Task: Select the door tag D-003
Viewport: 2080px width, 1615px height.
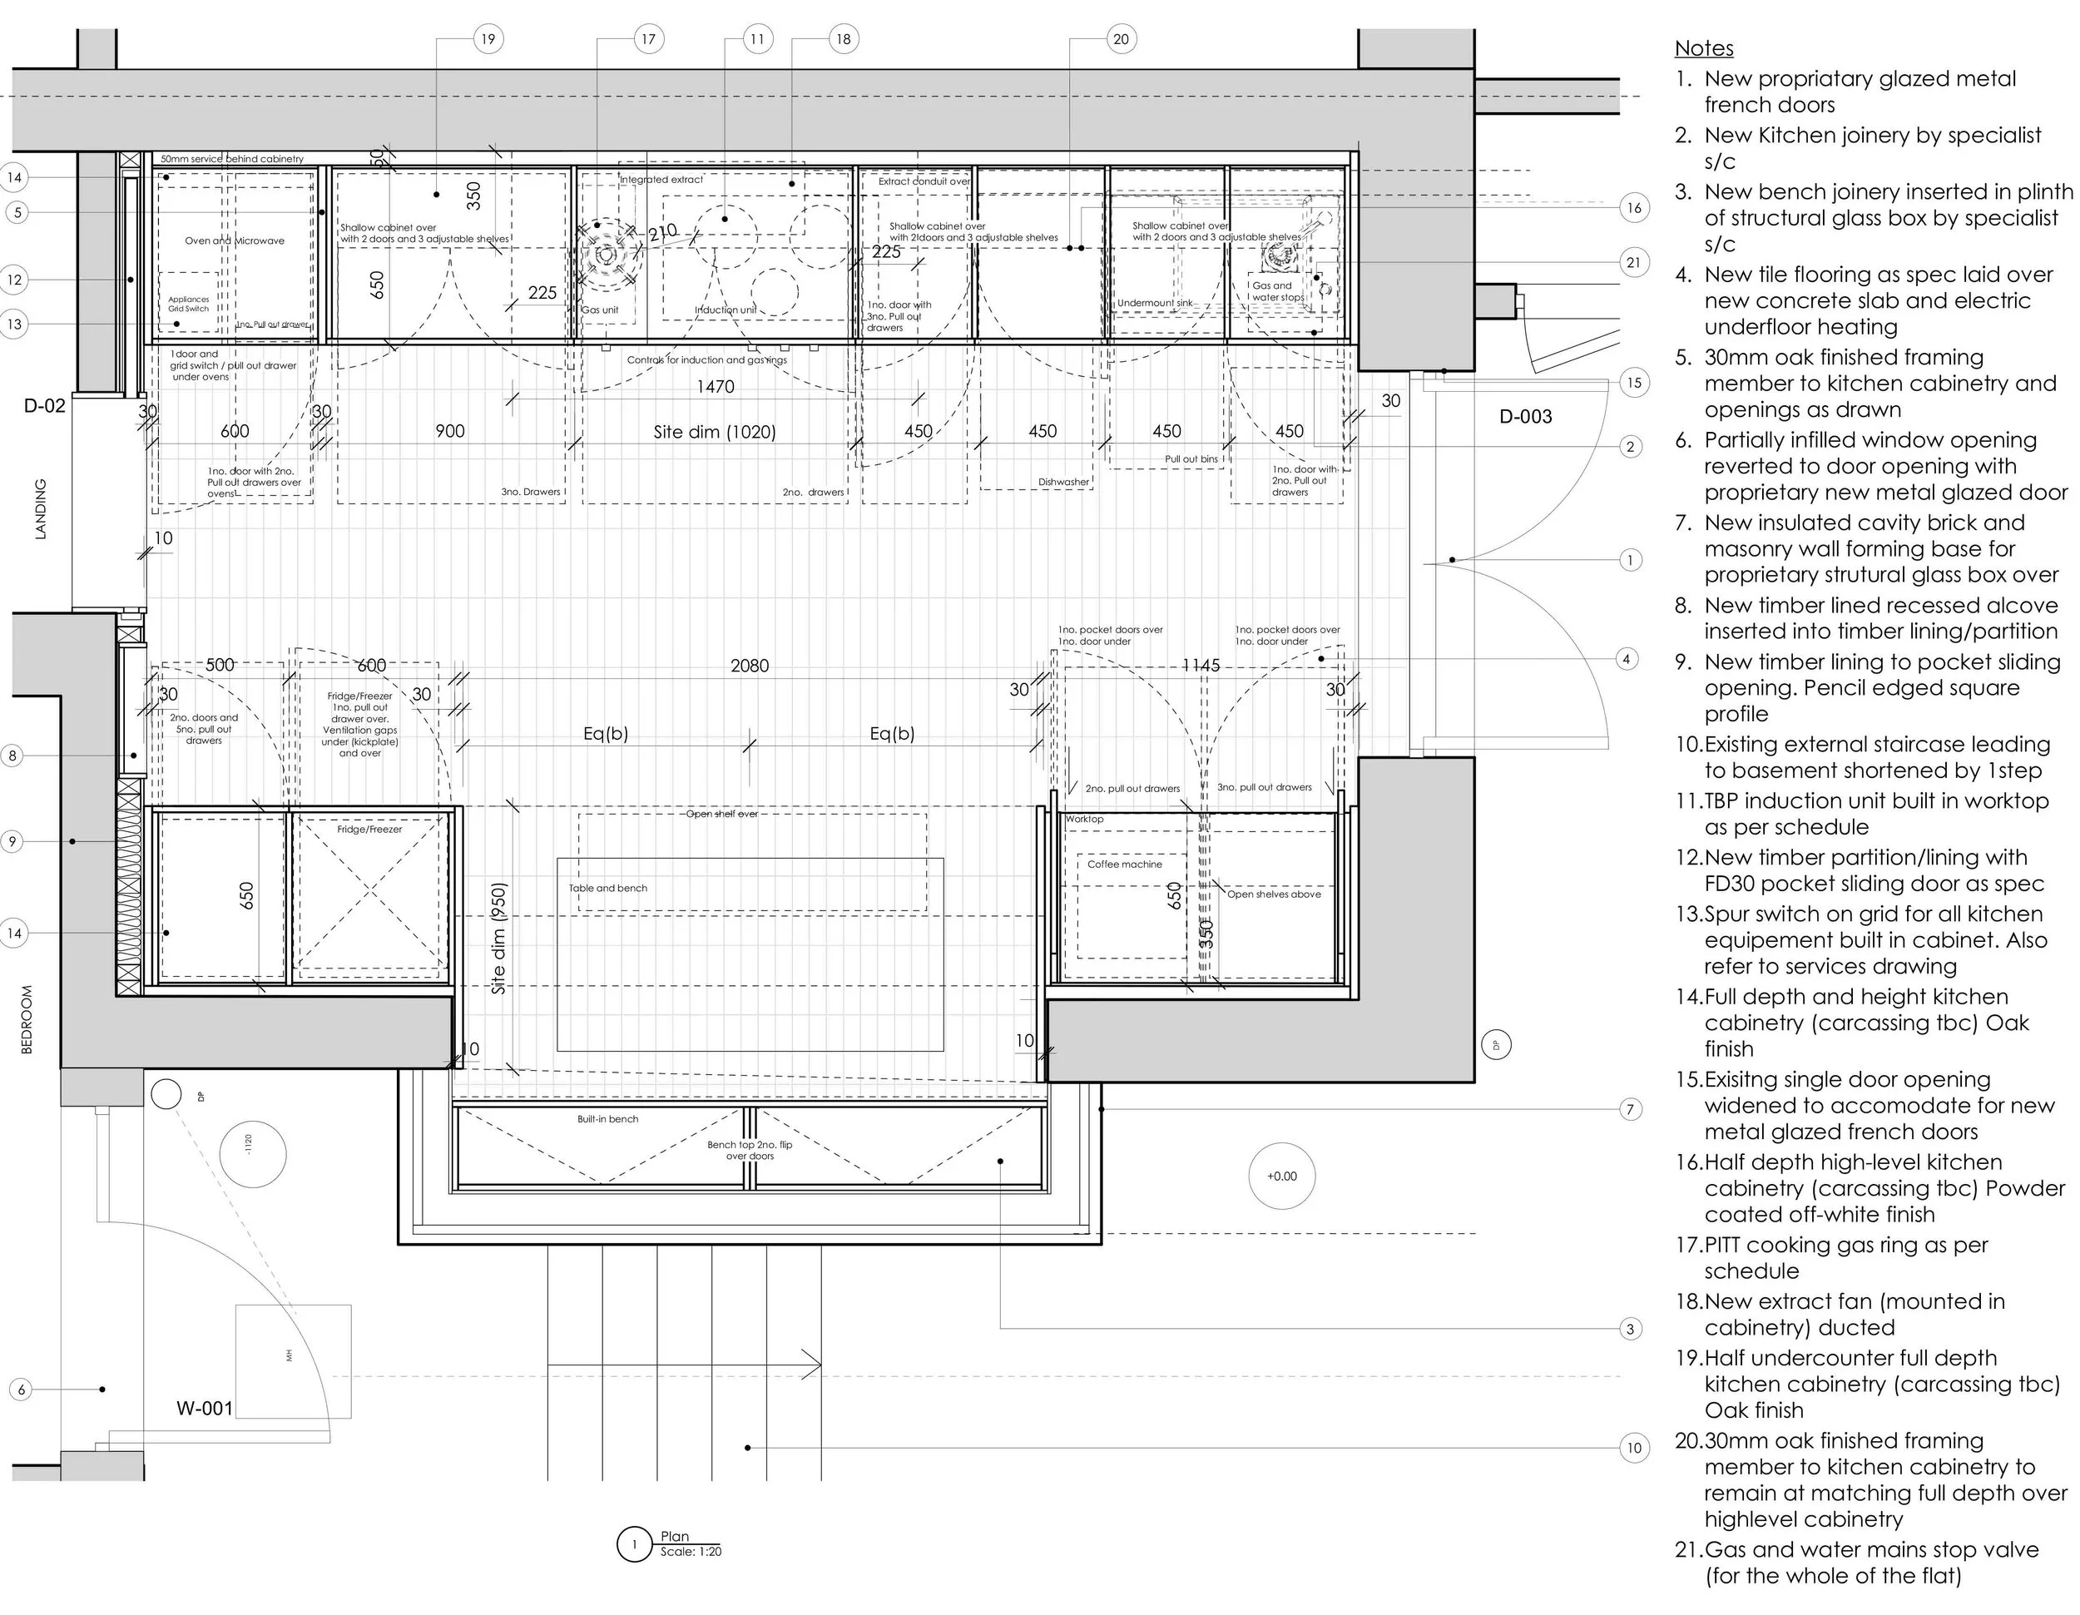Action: (1525, 416)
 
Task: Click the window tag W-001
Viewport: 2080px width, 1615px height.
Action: (204, 1409)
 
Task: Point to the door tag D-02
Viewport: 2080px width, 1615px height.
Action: (45, 406)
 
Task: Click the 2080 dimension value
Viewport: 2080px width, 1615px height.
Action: (750, 666)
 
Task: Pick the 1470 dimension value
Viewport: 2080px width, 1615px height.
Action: (716, 387)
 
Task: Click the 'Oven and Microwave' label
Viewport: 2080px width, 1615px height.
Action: (235, 241)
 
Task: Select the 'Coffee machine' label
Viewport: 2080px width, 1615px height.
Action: (1124, 864)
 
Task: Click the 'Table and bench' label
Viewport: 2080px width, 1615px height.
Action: (607, 889)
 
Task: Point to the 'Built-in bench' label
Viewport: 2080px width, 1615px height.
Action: (607, 1119)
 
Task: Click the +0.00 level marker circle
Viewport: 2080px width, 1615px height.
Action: (1282, 1176)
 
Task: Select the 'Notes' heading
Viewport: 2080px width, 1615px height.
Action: (1704, 48)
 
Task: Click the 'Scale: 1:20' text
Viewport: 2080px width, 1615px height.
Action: (691, 1551)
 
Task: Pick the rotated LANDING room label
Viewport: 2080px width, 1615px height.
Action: (40, 509)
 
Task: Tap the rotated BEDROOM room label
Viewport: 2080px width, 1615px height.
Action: (27, 1019)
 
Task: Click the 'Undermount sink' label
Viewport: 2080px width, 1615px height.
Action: (1154, 303)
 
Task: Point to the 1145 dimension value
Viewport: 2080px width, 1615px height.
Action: (1200, 666)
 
